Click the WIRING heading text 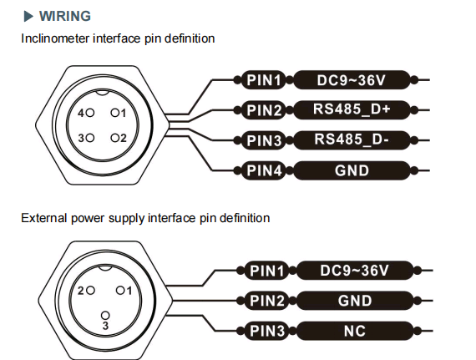(x=65, y=16)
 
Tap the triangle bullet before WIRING (x=28, y=17)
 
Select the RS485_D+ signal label (x=352, y=109)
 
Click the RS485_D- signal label (x=352, y=140)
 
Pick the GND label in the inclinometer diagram (x=352, y=170)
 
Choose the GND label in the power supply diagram (x=355, y=301)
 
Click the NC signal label (x=355, y=331)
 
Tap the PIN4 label (x=264, y=170)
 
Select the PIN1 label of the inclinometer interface (x=264, y=80)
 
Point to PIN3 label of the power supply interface (x=267, y=331)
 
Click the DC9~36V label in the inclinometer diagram (x=352, y=80)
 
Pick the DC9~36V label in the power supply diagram (x=355, y=270)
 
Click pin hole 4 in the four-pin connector (x=90, y=114)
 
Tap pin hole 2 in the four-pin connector (x=115, y=138)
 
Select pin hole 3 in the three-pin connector (x=105, y=316)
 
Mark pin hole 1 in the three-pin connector (x=120, y=291)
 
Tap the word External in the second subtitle (x=44, y=218)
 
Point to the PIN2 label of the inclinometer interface (x=264, y=110)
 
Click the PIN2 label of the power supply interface (x=267, y=301)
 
